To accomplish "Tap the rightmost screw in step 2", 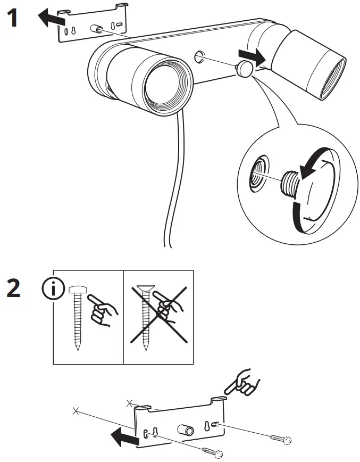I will point(280,439).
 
